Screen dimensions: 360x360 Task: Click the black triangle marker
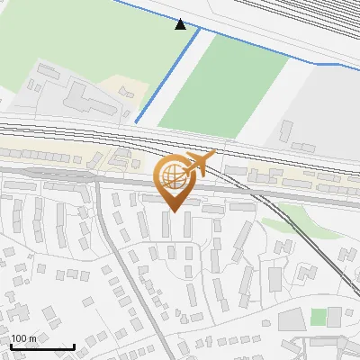tap(180, 24)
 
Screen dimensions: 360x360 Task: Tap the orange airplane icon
tap(199, 165)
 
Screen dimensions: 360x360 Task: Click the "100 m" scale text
tap(22, 338)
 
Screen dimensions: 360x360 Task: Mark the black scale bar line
tap(41, 346)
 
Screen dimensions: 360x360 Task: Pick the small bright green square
tap(318, 317)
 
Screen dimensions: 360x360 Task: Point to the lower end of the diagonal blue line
tap(136, 121)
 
